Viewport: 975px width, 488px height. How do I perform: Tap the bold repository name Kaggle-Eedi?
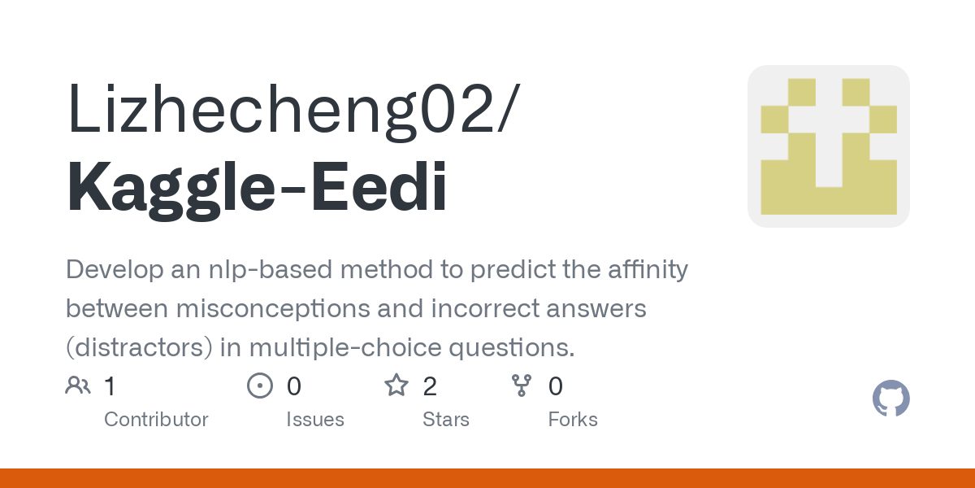click(x=257, y=188)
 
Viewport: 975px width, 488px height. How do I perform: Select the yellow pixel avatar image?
click(x=828, y=146)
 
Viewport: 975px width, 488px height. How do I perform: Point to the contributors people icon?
click(x=78, y=386)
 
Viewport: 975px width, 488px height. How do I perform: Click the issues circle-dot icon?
click(x=259, y=386)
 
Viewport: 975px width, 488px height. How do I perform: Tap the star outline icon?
click(x=396, y=386)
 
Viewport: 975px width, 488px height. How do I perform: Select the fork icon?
click(x=521, y=386)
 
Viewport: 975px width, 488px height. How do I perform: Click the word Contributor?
click(x=156, y=420)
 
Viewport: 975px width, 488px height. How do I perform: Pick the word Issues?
click(x=314, y=420)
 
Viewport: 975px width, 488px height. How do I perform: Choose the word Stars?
click(x=445, y=420)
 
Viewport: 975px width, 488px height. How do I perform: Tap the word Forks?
click(x=572, y=420)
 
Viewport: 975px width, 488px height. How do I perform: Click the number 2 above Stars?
click(x=430, y=386)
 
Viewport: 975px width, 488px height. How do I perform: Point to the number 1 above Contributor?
click(x=110, y=386)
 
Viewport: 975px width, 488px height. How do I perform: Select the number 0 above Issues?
click(x=294, y=386)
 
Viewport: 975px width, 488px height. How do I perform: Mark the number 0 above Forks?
click(x=556, y=386)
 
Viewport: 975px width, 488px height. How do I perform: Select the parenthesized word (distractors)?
click(x=140, y=347)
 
